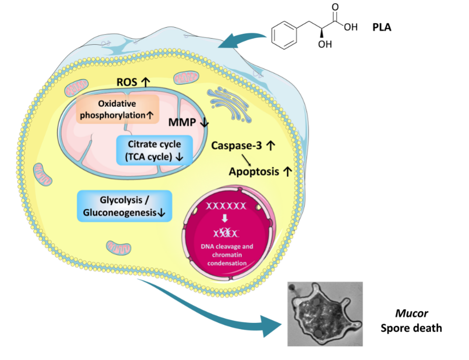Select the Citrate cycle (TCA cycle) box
[154, 150]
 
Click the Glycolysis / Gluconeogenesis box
[124, 206]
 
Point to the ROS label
[126, 82]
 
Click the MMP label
[183, 123]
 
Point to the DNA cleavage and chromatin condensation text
[226, 255]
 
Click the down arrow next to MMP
[204, 123]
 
